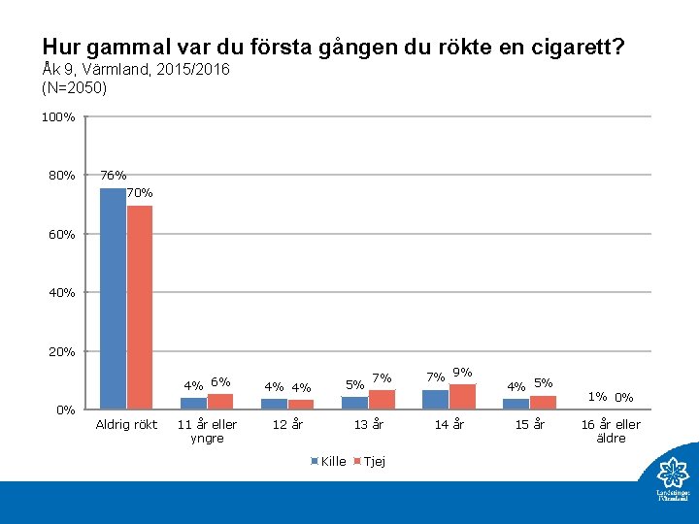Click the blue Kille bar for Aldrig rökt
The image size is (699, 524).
coord(113,298)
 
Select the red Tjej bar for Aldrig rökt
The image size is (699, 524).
coord(140,307)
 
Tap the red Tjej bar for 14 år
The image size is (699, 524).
coord(462,396)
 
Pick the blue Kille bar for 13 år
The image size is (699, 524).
coord(354,402)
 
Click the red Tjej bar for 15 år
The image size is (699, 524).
coord(543,402)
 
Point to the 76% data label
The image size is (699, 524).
coord(113,176)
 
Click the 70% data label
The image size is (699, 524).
coord(140,193)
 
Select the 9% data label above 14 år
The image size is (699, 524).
coord(462,372)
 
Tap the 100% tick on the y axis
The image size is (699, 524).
coord(58,117)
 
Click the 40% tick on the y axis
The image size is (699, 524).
coord(61,292)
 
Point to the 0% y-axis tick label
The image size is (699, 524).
coord(65,409)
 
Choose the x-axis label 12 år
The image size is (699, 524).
coord(287,424)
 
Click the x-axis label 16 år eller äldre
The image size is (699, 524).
coord(611,431)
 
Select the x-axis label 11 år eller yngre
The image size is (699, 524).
coord(207,431)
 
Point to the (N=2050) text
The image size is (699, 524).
coord(75,88)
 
